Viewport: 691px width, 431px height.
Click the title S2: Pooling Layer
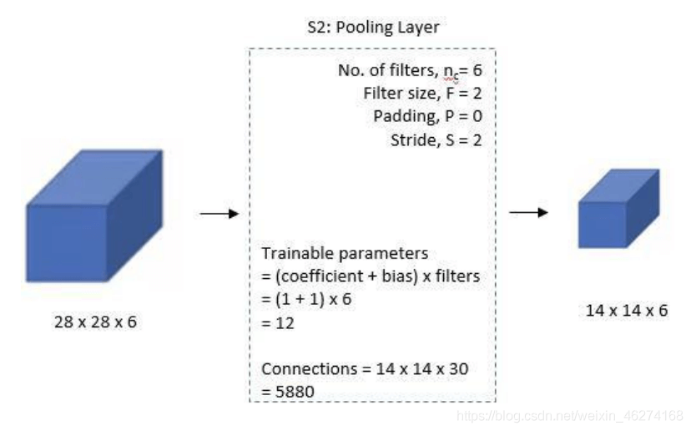point(372,28)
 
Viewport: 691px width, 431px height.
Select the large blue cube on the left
point(93,215)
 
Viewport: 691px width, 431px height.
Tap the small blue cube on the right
point(619,208)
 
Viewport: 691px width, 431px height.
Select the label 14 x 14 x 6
point(628,310)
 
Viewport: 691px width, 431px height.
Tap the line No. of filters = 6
point(410,71)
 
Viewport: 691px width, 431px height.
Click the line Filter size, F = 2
point(422,94)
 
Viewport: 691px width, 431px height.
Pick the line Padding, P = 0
point(428,116)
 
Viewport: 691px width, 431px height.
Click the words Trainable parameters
point(345,253)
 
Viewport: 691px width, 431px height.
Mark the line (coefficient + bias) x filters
point(371,276)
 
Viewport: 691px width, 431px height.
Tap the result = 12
point(278,322)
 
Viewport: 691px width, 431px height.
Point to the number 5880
point(294,391)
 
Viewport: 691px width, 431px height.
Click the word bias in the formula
point(391,276)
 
